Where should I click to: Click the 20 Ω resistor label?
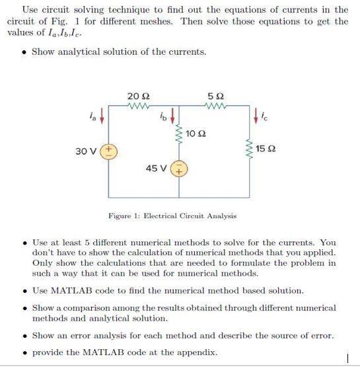138,97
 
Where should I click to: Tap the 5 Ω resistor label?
215,97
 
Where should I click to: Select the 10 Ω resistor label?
196,134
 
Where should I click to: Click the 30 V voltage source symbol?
108,151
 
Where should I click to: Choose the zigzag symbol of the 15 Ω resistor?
250,149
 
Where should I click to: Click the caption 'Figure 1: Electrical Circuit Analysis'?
173,216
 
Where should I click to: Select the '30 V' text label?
86,151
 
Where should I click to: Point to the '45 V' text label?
156,168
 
